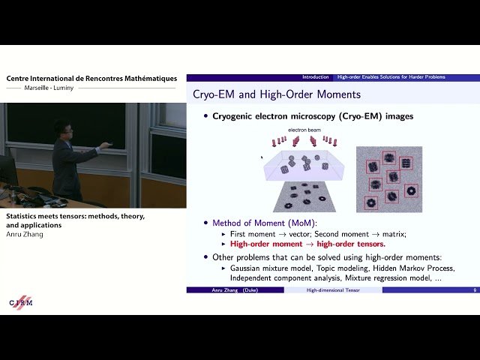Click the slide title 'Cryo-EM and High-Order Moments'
pyautogui.click(x=277, y=94)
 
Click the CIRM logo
pyautogui.click(x=21, y=301)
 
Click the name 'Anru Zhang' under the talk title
pyautogui.click(x=26, y=234)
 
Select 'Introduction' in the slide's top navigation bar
pyautogui.click(x=316, y=77)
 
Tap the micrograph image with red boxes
pyautogui.click(x=388, y=178)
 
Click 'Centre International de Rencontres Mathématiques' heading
pyautogui.click(x=91, y=78)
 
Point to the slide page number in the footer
pyautogui.click(x=474, y=289)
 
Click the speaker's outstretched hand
pyautogui.click(x=106, y=144)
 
